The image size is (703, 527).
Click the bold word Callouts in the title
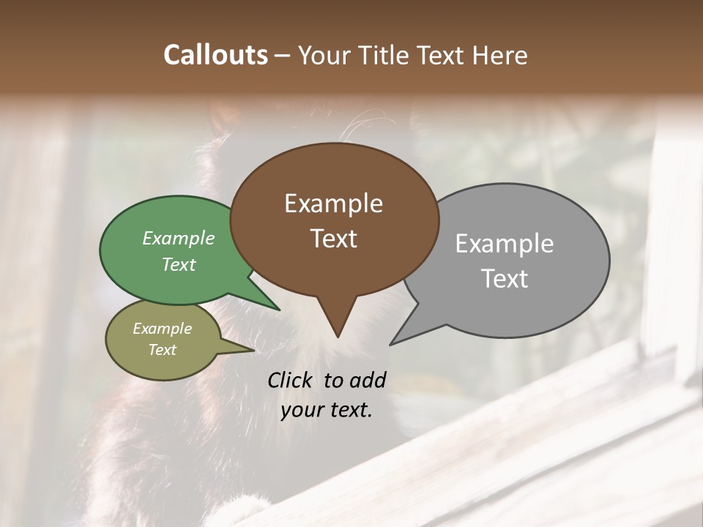(215, 55)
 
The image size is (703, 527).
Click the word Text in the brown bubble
(333, 239)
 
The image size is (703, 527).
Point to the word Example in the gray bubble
(505, 244)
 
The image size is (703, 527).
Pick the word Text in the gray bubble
(505, 279)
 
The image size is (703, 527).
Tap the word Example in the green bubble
(179, 238)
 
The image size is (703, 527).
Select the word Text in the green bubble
(179, 264)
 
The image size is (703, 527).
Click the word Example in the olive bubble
(162, 329)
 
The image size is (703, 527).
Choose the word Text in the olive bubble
(162, 350)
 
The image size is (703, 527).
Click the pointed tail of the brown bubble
(338, 333)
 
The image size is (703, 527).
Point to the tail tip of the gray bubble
(393, 343)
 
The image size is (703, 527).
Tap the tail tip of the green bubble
(278, 308)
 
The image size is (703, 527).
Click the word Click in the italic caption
(291, 380)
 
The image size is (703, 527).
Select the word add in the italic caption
(367, 380)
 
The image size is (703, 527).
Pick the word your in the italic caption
(301, 410)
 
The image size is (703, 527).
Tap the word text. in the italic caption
(349, 410)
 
